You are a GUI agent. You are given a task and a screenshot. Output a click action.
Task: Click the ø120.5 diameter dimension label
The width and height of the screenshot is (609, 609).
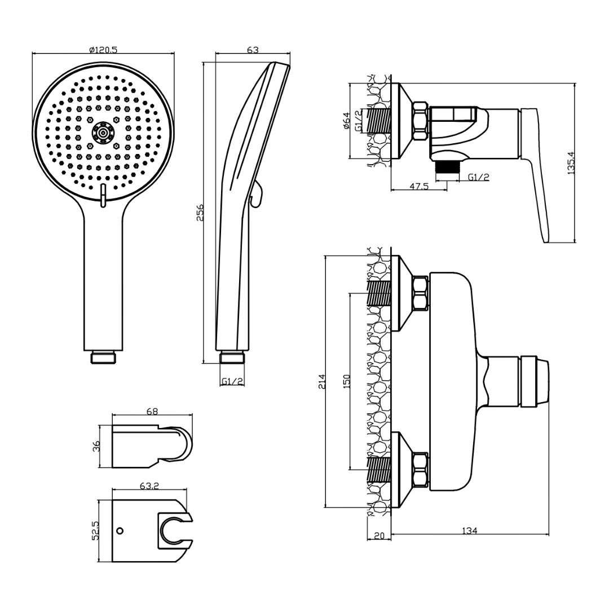pos(103,50)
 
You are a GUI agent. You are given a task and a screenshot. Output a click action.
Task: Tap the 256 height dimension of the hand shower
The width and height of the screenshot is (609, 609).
pos(200,213)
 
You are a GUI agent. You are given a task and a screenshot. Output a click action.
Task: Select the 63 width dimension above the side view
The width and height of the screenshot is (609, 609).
pos(253,50)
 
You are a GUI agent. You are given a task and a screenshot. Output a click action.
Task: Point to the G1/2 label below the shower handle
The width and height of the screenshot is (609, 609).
pos(232,382)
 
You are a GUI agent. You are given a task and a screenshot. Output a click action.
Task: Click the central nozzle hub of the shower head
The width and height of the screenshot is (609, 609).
pos(103,133)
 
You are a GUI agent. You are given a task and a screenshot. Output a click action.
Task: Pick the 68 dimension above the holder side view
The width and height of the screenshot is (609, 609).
pos(152,412)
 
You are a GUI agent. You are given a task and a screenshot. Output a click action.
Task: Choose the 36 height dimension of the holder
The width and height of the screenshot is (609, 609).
pos(96,446)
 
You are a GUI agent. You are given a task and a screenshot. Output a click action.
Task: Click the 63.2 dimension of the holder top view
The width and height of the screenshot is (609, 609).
pos(149,484)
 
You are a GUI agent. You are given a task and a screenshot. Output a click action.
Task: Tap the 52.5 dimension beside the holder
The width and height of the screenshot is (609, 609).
pos(96,531)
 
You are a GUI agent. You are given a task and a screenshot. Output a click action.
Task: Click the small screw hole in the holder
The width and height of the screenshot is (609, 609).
pos(120,531)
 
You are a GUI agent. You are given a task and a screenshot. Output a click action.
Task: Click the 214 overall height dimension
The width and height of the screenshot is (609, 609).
pos(323,382)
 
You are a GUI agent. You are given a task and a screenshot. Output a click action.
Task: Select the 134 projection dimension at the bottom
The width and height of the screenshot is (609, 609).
pos(470,531)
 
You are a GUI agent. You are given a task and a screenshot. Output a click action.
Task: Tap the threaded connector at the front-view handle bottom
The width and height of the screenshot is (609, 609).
pos(103,357)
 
